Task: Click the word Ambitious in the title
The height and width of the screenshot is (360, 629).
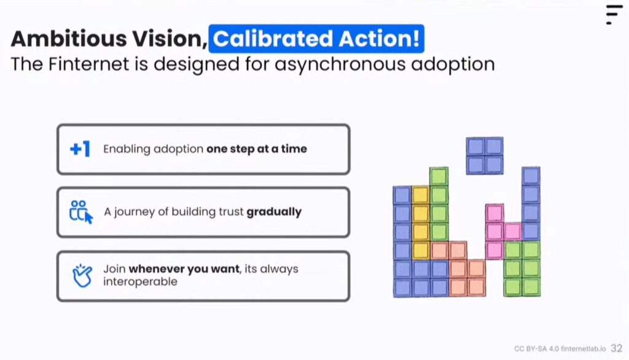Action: tap(69, 39)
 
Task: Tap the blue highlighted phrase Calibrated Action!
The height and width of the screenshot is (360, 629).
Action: tap(316, 39)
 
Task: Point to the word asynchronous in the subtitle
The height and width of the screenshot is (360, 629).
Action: tap(340, 65)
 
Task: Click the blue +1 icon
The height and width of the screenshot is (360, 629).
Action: tap(80, 149)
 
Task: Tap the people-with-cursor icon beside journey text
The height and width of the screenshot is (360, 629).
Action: tap(81, 212)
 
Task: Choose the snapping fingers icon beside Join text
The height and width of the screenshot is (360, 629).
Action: tap(82, 276)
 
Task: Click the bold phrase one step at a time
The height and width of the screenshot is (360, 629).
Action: tap(257, 149)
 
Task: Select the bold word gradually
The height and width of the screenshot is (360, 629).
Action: tap(274, 212)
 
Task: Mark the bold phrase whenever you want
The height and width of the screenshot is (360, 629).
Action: tap(184, 268)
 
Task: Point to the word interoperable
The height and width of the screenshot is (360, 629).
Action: tap(140, 281)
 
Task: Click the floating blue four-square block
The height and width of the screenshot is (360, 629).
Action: tap(485, 155)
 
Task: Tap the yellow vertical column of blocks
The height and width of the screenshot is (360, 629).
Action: tap(421, 223)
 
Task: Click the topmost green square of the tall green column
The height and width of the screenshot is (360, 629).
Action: tap(439, 176)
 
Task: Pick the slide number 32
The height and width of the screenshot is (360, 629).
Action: tap(617, 348)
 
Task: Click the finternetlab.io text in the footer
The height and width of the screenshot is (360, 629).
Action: tap(584, 349)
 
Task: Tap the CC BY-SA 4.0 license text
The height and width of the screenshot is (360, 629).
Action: tap(536, 349)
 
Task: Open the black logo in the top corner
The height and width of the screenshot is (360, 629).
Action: tap(614, 15)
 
